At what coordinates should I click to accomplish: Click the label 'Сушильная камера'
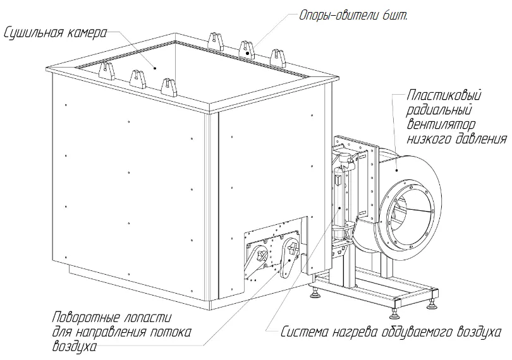point(54,32)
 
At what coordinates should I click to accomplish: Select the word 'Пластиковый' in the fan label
point(444,97)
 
